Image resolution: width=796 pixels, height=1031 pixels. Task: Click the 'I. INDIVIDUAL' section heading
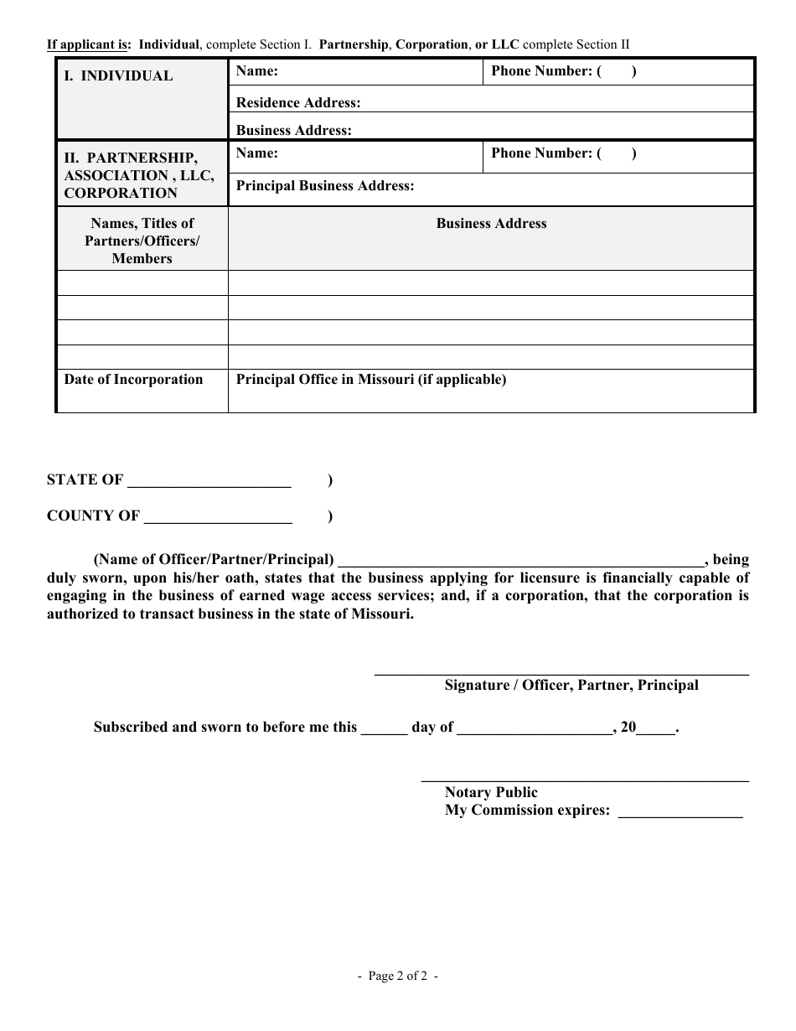(118, 75)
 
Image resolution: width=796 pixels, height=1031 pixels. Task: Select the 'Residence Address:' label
(298, 102)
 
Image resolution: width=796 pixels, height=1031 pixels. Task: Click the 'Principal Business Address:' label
(325, 185)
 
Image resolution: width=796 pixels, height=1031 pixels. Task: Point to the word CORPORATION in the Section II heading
(121, 193)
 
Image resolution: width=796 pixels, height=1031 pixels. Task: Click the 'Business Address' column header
(491, 224)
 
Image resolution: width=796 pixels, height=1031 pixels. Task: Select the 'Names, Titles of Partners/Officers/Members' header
(142, 241)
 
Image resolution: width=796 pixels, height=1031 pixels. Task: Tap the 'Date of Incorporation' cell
(133, 380)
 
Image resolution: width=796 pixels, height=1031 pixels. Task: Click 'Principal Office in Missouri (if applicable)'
(371, 380)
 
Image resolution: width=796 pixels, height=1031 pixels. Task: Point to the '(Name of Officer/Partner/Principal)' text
(214, 560)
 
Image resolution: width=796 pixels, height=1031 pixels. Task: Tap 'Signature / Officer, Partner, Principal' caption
(571, 685)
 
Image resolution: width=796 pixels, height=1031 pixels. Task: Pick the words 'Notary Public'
(491, 792)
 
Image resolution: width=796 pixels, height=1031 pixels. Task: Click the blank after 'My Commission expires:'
(680, 811)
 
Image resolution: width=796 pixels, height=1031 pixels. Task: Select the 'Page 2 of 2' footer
(398, 976)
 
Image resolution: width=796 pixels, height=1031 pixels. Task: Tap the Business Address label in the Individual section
(293, 130)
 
